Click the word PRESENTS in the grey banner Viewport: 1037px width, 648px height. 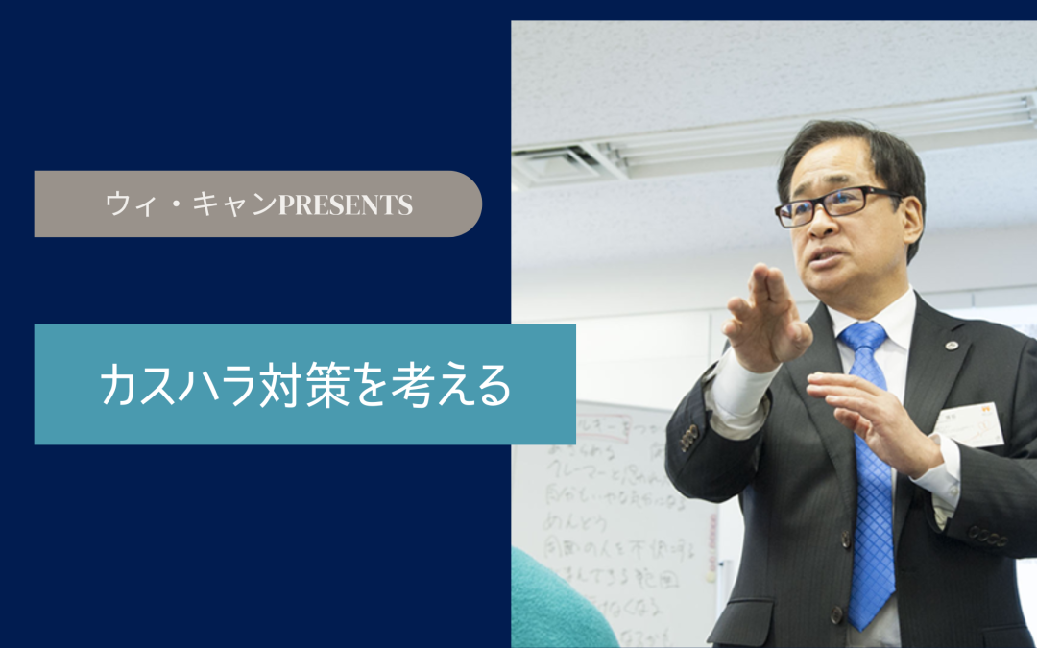(x=345, y=204)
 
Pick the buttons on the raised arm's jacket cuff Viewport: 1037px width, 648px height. (x=687, y=437)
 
